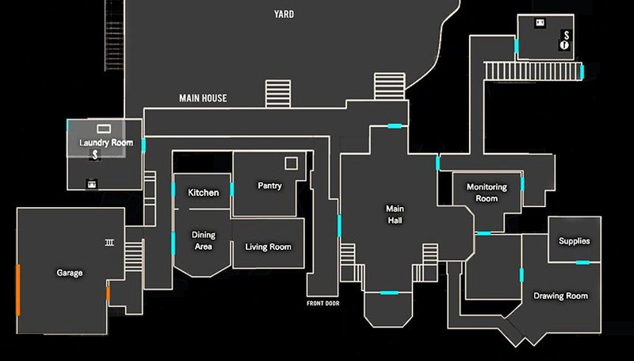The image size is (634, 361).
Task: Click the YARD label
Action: point(283,14)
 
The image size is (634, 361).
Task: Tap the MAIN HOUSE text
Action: point(203,98)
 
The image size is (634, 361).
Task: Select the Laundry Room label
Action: point(105,143)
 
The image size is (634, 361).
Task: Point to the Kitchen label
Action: point(203,193)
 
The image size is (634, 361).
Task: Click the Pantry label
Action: point(270,186)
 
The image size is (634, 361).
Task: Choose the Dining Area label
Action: point(204,240)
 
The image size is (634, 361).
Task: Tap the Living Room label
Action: point(267,247)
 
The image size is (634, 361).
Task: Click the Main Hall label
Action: point(395,214)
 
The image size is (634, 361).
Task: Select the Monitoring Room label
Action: point(487,193)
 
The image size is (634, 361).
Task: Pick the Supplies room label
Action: point(574,241)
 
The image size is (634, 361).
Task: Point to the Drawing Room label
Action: point(560,296)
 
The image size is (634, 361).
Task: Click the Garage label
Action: point(70,273)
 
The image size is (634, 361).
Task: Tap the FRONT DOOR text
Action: point(323,303)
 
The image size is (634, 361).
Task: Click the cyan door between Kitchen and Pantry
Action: point(231,190)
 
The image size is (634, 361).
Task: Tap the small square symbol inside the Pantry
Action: point(291,163)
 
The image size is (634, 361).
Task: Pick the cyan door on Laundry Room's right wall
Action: point(143,145)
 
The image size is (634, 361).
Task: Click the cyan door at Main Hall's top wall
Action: point(394,125)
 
